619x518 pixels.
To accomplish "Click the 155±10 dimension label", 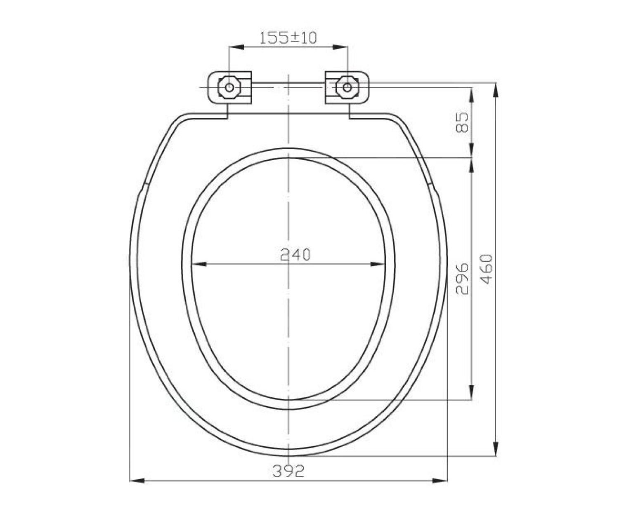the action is pyautogui.click(x=288, y=38).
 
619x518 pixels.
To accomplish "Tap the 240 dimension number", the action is pyautogui.click(x=295, y=255).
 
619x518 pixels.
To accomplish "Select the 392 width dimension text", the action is pyautogui.click(x=288, y=471).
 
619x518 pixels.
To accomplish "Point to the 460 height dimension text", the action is pyautogui.click(x=487, y=269).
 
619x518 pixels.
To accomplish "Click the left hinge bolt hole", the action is pyautogui.click(x=229, y=87).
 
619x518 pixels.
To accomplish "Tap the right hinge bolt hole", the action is pyautogui.click(x=347, y=87).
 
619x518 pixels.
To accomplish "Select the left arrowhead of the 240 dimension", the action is pyautogui.click(x=198, y=264).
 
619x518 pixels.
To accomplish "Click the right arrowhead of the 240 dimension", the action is pyautogui.click(x=378, y=264).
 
